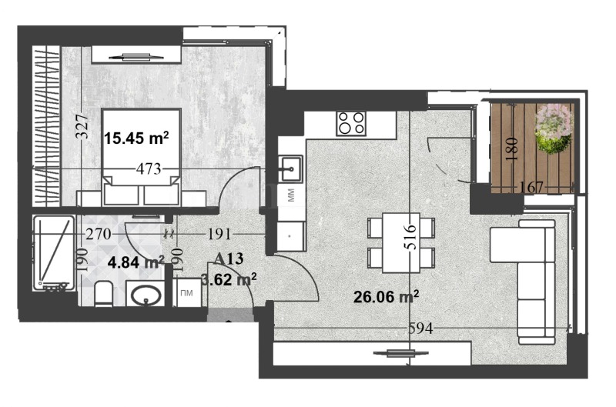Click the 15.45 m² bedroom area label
click(x=136, y=138)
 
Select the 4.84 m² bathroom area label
click(x=136, y=262)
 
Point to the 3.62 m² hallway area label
click(x=229, y=280)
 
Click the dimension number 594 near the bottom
click(x=420, y=329)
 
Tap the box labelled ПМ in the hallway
click(x=186, y=293)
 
